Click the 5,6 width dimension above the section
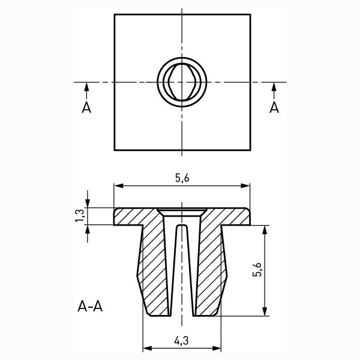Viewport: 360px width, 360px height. click(x=182, y=178)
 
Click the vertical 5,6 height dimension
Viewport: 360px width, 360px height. click(x=257, y=269)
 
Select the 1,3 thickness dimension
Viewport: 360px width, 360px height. click(x=80, y=216)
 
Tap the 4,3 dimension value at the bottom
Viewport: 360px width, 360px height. click(x=181, y=341)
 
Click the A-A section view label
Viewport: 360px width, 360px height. click(x=90, y=306)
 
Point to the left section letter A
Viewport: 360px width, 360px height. click(x=86, y=107)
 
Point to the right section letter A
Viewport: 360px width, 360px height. click(x=274, y=107)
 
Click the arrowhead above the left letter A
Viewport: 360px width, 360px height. click(x=86, y=87)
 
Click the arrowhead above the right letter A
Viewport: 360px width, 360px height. click(x=274, y=87)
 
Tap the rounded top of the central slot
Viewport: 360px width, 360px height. click(x=182, y=226)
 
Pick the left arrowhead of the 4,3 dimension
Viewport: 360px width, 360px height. click(x=147, y=348)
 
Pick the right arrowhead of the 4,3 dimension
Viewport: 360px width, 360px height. click(x=217, y=348)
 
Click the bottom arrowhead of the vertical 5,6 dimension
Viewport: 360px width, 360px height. click(x=265, y=312)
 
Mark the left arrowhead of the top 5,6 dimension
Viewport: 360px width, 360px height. click(x=118, y=185)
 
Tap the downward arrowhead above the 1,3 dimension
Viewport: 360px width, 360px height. click(x=87, y=203)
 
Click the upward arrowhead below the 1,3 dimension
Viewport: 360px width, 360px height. click(x=87, y=229)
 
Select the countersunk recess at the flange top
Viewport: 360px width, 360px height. click(x=182, y=212)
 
